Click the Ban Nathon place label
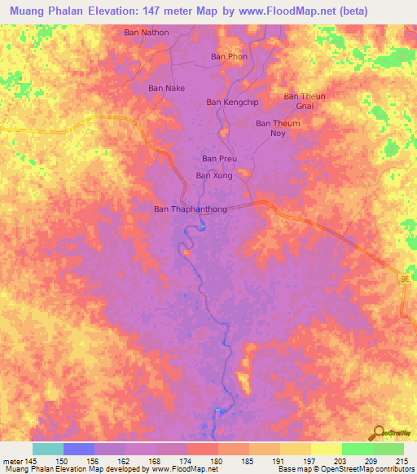click(x=147, y=33)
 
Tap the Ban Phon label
click(x=228, y=56)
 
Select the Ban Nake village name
click(x=166, y=88)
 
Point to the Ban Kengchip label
click(x=232, y=102)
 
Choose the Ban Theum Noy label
click(x=278, y=128)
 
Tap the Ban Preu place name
click(x=219, y=158)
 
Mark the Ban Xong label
click(x=214, y=175)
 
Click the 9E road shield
click(x=405, y=279)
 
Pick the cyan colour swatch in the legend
click(x=48, y=449)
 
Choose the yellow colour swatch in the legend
click(x=327, y=449)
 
